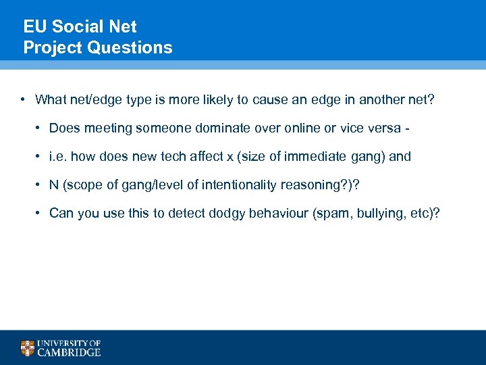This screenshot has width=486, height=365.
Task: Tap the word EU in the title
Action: click(34, 27)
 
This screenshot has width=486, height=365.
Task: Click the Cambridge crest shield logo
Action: click(27, 348)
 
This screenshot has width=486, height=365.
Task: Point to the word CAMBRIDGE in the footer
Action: click(69, 352)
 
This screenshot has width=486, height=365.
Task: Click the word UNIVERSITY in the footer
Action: click(63, 343)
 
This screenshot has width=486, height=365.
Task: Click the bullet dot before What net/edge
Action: click(22, 100)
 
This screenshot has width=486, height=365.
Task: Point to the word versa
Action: click(384, 128)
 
